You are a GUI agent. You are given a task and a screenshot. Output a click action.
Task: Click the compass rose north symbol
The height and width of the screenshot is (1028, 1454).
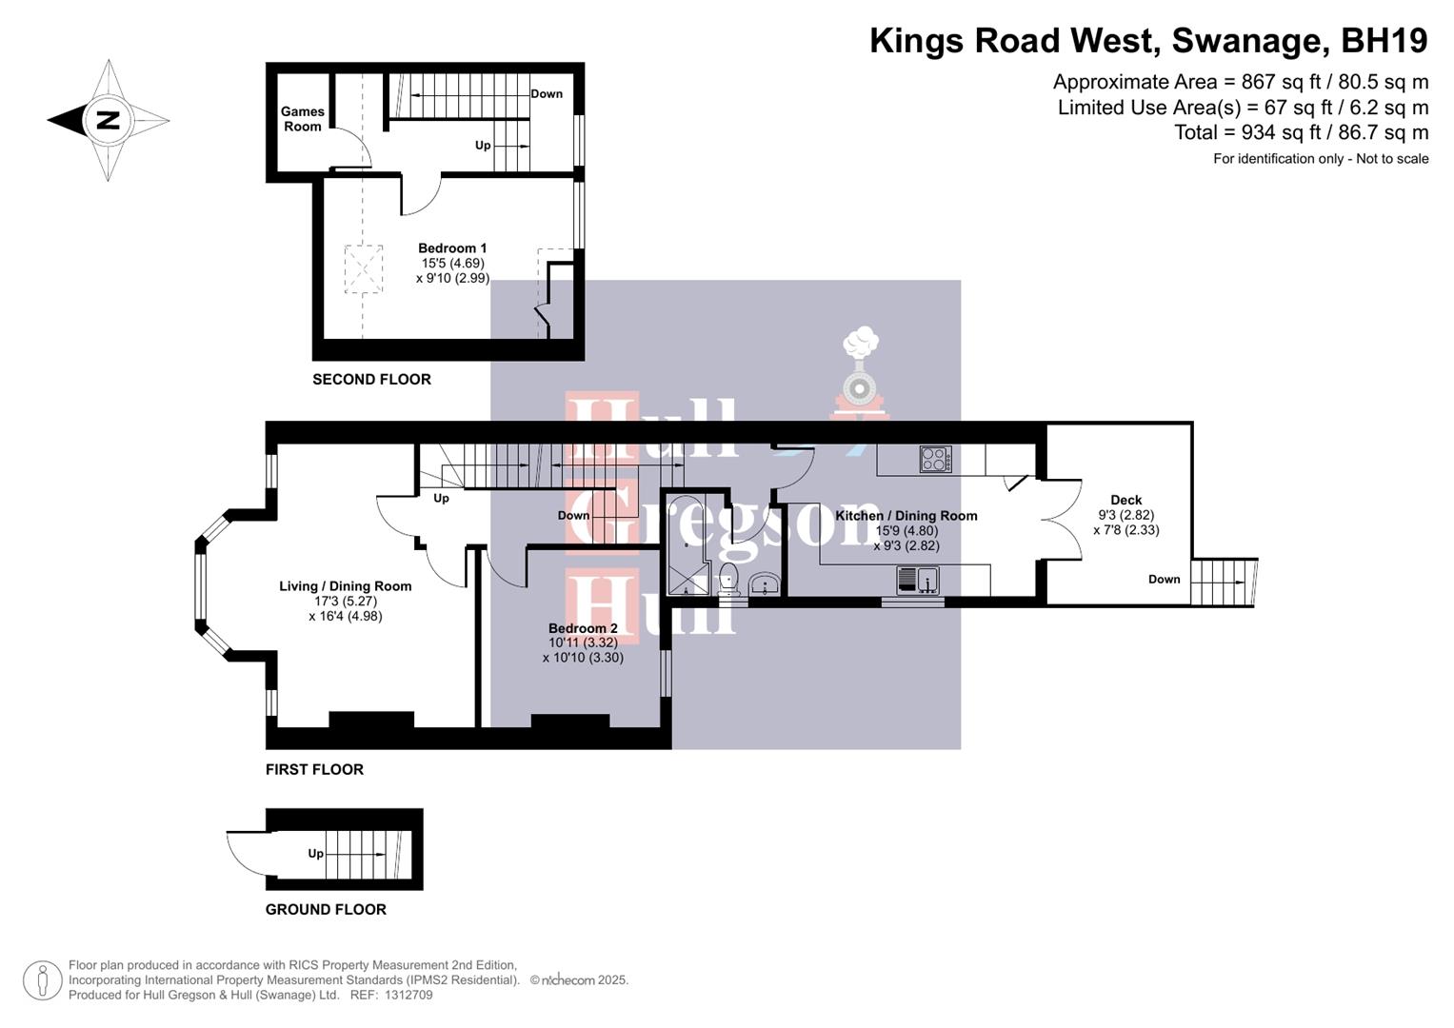pyautogui.click(x=108, y=121)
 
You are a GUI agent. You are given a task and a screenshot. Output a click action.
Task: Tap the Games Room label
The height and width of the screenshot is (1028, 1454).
pyautogui.click(x=302, y=119)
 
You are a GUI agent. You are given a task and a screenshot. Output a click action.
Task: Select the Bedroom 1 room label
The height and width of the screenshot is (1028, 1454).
pyautogui.click(x=452, y=248)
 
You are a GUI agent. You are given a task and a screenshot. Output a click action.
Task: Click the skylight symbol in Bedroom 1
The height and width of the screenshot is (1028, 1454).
pyautogui.click(x=363, y=269)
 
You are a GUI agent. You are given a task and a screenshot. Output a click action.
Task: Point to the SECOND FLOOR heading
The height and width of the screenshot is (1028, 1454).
pyautogui.click(x=371, y=379)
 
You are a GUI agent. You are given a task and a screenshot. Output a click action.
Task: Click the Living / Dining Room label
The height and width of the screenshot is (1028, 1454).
pyautogui.click(x=345, y=586)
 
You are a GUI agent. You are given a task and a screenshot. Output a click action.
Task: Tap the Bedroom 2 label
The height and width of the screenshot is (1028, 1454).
pyautogui.click(x=583, y=628)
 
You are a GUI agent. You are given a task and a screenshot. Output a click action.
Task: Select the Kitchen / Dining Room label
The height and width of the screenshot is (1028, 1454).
pyautogui.click(x=906, y=516)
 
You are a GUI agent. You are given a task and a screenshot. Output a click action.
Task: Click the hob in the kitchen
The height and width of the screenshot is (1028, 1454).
pyautogui.click(x=935, y=460)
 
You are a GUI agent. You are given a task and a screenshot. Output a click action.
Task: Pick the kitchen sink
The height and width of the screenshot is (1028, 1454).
pyautogui.click(x=918, y=580)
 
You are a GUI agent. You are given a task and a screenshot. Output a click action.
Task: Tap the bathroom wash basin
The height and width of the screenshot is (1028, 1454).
pyautogui.click(x=765, y=584)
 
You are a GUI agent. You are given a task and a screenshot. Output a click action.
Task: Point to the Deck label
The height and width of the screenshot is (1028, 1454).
pyautogui.click(x=1125, y=500)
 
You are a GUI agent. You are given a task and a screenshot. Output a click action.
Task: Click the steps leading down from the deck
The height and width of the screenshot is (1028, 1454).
pyautogui.click(x=1223, y=581)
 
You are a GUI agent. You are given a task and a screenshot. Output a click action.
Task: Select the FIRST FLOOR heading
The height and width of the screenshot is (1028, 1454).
pyautogui.click(x=314, y=769)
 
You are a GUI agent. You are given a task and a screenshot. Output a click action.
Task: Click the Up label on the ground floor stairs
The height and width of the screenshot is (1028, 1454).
pyautogui.click(x=315, y=854)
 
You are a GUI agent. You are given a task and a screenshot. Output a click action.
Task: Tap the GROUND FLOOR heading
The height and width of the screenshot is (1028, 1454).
pyautogui.click(x=326, y=909)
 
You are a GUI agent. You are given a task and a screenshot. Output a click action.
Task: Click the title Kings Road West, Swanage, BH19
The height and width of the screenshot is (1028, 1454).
pyautogui.click(x=1148, y=41)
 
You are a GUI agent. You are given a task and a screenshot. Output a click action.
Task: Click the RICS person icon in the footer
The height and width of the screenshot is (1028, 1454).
pyautogui.click(x=42, y=980)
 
